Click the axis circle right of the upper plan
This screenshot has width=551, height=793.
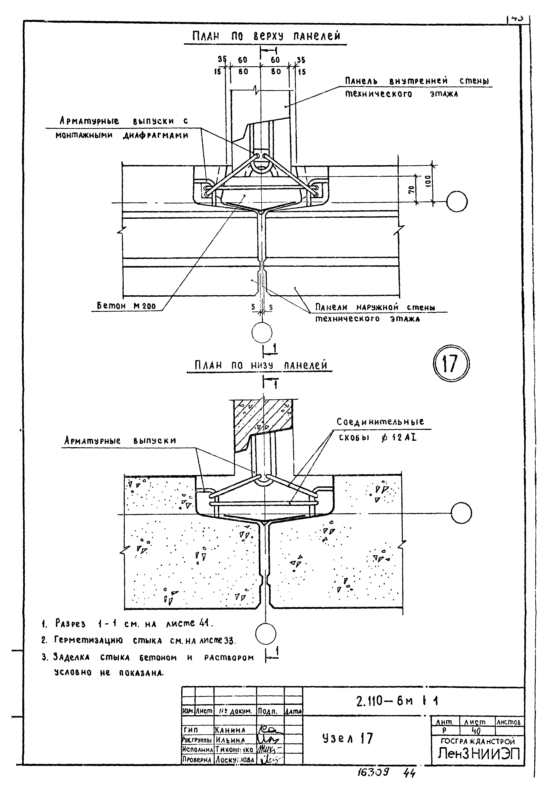tap(457, 202)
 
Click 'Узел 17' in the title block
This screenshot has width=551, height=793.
tap(347, 739)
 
